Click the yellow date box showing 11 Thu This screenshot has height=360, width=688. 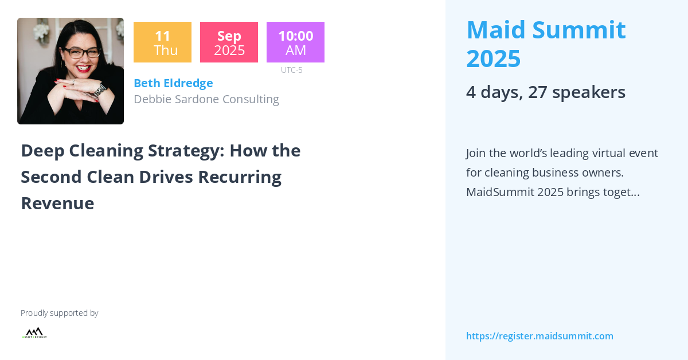162,42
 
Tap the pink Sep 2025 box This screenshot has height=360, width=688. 229,42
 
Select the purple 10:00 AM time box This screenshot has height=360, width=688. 295,42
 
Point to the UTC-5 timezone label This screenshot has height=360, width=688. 291,70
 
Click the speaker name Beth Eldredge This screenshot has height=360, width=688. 173,83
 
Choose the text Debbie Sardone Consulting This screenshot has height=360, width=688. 206,99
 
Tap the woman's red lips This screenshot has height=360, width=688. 83,69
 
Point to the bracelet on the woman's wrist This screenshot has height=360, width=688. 100,91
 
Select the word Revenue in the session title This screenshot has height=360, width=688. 57,203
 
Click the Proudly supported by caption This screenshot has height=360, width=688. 59,313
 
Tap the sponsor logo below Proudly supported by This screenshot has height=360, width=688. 34,332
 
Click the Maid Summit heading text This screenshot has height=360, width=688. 546,30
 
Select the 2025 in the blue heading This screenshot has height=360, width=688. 493,58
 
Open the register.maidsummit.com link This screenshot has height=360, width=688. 540,336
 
